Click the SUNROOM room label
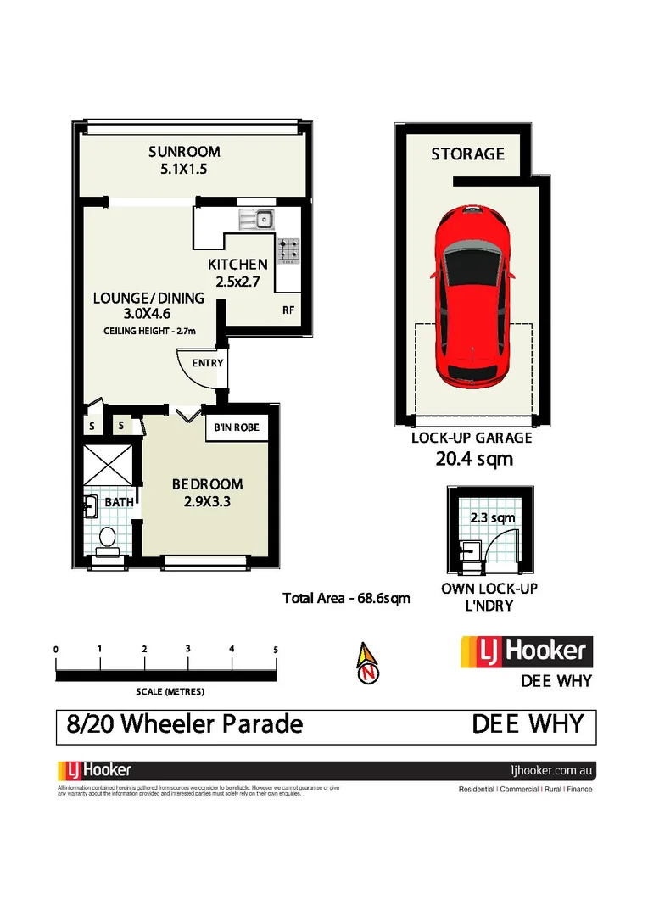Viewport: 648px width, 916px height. tap(184, 152)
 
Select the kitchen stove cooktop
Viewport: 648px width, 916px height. tap(289, 249)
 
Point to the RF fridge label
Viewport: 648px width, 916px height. tap(288, 310)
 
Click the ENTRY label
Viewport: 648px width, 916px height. tap(208, 363)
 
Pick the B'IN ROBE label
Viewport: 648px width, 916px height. tap(237, 427)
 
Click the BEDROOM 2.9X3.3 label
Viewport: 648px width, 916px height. tap(207, 492)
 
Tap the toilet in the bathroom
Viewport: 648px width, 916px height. tap(107, 539)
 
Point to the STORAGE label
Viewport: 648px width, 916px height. tap(467, 154)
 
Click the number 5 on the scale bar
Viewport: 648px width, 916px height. tap(277, 649)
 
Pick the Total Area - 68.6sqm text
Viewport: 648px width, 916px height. tap(346, 598)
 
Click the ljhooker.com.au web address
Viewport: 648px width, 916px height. tap(552, 771)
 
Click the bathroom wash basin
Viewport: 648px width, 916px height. tap(91, 507)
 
